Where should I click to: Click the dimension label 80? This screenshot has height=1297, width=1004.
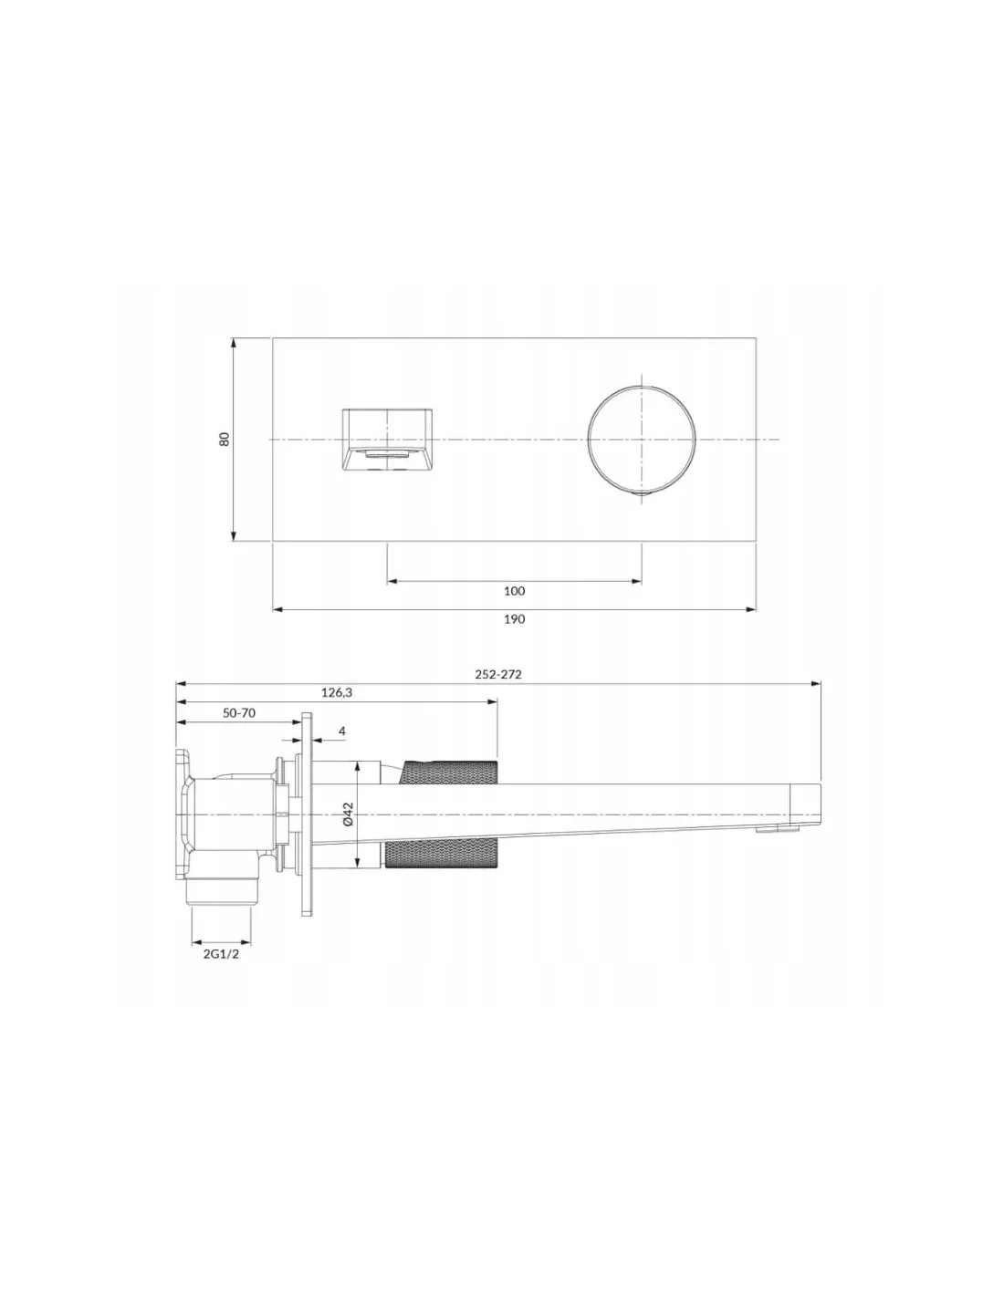225,440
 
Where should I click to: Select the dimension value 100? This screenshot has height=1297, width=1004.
514,591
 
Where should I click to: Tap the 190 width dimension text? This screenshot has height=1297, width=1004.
514,619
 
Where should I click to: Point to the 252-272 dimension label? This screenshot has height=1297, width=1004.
498,674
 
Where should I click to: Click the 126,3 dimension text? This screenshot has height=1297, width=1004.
337,692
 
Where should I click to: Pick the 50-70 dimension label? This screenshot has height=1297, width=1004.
239,713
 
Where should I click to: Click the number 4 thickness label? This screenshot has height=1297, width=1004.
341,732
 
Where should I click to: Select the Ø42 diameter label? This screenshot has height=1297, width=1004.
349,814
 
